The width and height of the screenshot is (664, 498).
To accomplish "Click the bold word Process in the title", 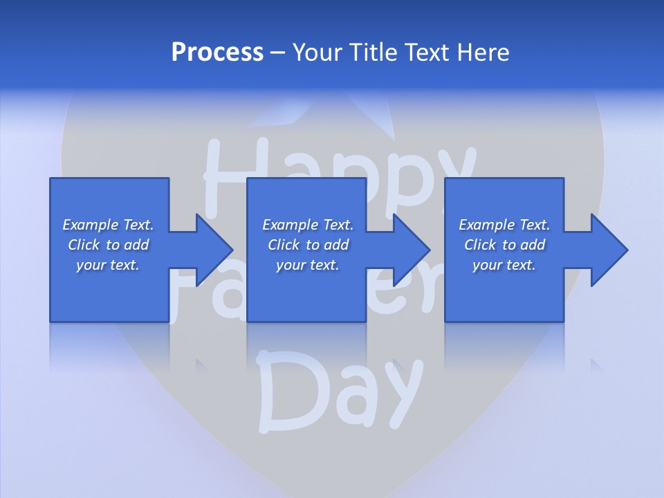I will click(x=217, y=53).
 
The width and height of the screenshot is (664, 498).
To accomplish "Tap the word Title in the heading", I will click(x=373, y=53).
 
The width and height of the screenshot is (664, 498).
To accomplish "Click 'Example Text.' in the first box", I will click(x=108, y=225).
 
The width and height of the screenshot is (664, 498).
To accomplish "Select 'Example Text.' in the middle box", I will click(x=308, y=225).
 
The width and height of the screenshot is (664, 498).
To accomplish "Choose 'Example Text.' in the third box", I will click(x=504, y=225).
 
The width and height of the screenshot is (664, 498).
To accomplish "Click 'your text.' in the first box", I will click(x=108, y=265).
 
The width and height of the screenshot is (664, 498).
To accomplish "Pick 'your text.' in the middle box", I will click(x=308, y=265).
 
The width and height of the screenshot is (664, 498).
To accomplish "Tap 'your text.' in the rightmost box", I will click(x=504, y=265).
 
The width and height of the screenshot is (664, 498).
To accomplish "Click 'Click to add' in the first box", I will click(x=108, y=245).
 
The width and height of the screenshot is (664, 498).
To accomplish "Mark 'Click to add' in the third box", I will click(x=504, y=245).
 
